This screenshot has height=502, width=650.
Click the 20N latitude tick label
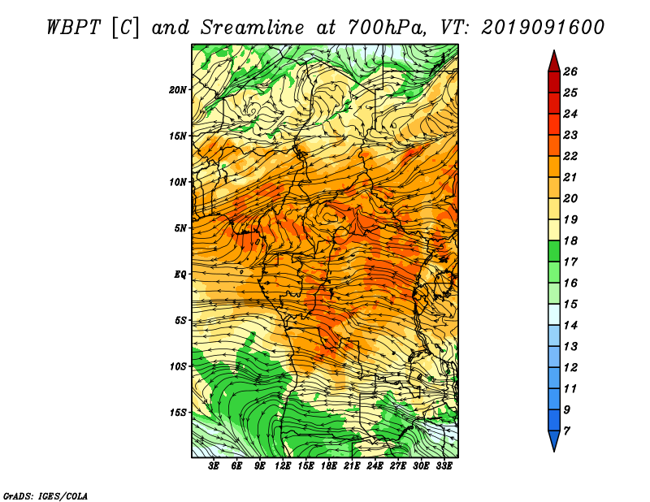pos(178,90)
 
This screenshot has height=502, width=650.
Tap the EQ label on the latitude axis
pos(180,275)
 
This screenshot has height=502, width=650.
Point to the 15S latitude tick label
pos(178,413)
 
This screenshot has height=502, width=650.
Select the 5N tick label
pos(180,228)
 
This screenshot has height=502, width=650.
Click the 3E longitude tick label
pos(214,466)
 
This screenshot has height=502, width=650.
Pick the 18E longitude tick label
pos(329,466)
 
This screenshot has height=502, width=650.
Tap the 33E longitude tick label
pos(444,466)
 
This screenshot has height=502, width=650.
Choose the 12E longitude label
pos(283,466)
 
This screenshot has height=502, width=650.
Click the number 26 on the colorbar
pos(570,71)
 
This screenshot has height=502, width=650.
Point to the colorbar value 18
pos(570,240)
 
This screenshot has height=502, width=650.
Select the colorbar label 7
pos(566,431)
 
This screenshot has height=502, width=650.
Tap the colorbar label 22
pos(570,156)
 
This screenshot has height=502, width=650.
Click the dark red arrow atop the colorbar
pos(554,62)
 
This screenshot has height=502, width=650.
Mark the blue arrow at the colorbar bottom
pos(554,440)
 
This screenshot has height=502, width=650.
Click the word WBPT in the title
pos(73,28)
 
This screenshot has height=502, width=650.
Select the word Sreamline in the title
pos(253,28)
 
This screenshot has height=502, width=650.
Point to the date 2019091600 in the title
pos(543,28)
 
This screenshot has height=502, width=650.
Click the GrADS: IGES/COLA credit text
pos(45,496)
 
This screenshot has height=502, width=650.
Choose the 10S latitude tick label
pos(178,366)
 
